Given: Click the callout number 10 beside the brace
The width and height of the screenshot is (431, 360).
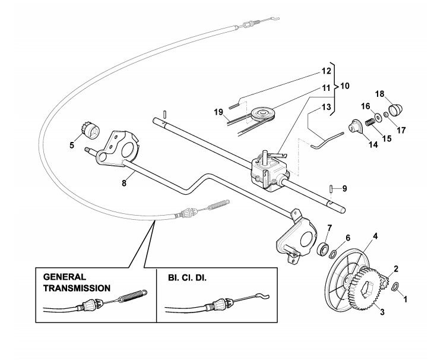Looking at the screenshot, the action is (345, 86).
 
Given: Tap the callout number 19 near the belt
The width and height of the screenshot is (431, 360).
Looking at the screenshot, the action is (219, 112).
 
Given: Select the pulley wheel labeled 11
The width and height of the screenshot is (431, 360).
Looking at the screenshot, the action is (263, 114).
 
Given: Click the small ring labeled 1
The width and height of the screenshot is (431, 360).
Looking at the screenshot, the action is (395, 286).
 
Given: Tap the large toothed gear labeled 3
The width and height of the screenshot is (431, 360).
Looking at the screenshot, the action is (363, 290).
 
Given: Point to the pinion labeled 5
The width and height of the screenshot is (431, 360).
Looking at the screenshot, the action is (91, 130).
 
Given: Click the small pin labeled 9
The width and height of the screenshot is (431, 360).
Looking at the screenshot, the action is (331, 189).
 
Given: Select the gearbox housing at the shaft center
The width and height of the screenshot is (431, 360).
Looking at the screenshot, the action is (270, 172).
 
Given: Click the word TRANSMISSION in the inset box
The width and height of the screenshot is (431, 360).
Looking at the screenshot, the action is (77, 288).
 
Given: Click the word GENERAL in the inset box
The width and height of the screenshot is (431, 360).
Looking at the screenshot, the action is (65, 276).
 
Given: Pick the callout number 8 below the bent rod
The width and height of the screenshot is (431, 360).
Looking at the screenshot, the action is (124, 183).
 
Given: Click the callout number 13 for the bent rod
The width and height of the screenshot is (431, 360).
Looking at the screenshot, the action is (327, 107).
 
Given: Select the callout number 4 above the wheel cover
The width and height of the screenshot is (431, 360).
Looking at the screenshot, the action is (375, 236).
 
